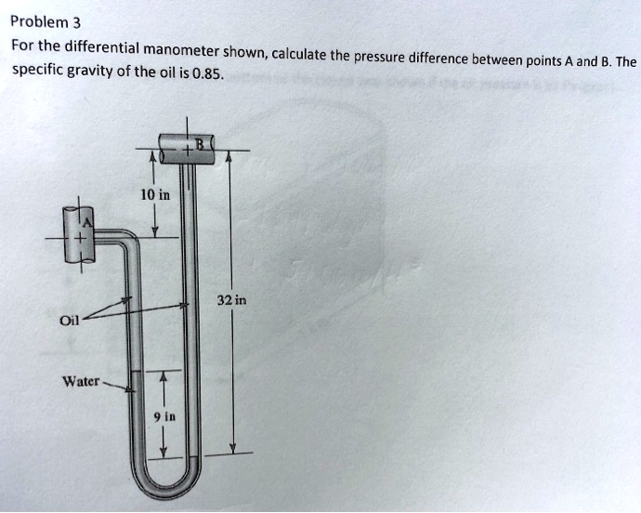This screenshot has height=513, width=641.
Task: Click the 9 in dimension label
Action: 163,416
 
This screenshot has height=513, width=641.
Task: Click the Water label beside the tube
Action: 81,381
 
